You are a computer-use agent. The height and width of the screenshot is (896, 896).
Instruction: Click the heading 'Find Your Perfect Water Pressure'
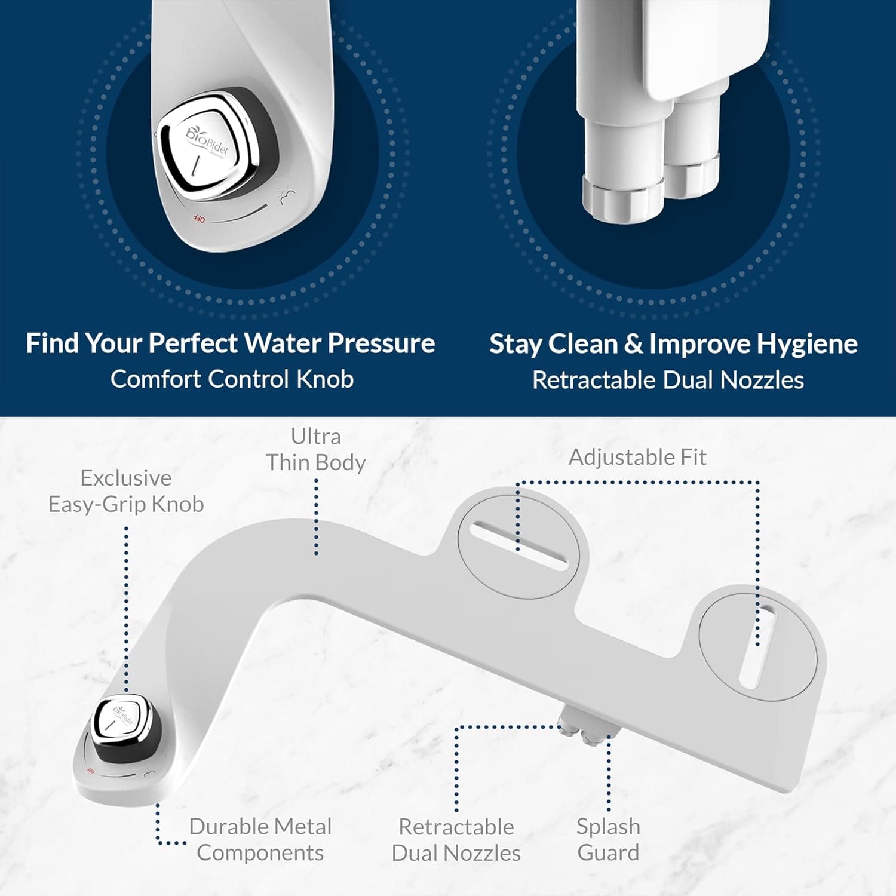pyautogui.click(x=230, y=343)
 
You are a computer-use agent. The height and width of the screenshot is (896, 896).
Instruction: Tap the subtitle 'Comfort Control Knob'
pyautogui.click(x=232, y=379)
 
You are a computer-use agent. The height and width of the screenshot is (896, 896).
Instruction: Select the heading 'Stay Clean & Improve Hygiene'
pyautogui.click(x=673, y=344)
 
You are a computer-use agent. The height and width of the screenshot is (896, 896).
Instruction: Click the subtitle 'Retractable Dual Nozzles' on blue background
pyautogui.click(x=668, y=381)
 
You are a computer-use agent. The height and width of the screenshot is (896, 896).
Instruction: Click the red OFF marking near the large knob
pyautogui.click(x=199, y=219)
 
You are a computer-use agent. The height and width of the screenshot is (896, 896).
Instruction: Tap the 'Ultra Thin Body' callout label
pyautogui.click(x=315, y=449)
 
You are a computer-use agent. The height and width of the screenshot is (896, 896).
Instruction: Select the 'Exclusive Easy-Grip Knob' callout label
pyautogui.click(x=126, y=491)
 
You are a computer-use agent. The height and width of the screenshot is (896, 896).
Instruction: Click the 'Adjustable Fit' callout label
pyautogui.click(x=637, y=458)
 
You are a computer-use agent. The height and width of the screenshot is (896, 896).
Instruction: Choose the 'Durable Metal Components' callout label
pyautogui.click(x=260, y=839)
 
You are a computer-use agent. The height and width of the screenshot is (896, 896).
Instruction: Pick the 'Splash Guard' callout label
pyautogui.click(x=608, y=839)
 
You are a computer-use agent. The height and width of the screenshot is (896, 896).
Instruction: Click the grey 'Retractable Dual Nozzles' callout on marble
pyautogui.click(x=456, y=840)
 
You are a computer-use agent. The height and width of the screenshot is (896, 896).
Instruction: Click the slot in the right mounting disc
pyautogui.click(x=757, y=645)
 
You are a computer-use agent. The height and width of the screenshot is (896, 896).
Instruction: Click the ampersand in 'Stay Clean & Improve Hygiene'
pyautogui.click(x=633, y=345)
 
